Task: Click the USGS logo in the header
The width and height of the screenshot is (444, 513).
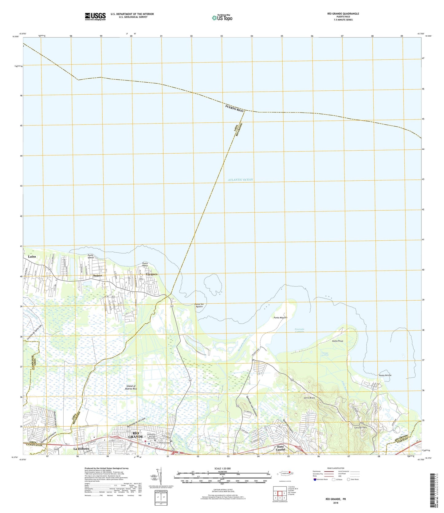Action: click(x=95, y=16)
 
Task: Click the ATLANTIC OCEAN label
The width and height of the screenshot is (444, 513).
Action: click(x=241, y=180)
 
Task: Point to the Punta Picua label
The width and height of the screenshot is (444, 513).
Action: click(x=337, y=341)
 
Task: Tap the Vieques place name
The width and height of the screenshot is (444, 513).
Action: click(x=151, y=274)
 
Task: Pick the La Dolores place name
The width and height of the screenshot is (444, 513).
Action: click(x=81, y=449)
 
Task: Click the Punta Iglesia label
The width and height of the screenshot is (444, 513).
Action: click(x=92, y=256)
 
